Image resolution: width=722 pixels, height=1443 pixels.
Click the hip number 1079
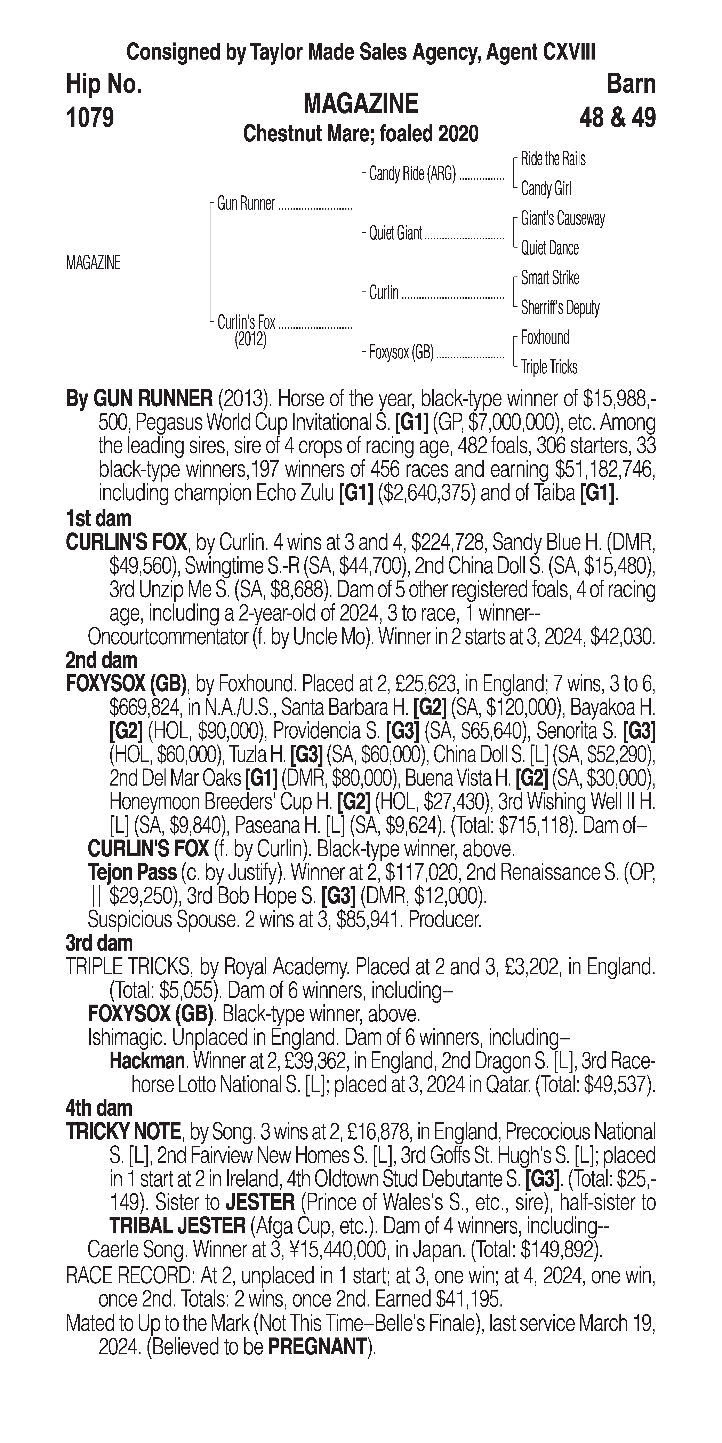click(90, 118)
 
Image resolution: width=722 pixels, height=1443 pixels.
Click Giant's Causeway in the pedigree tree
click(562, 218)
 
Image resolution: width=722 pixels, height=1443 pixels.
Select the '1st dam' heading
click(98, 519)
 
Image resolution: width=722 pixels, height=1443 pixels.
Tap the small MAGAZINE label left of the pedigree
click(93, 263)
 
